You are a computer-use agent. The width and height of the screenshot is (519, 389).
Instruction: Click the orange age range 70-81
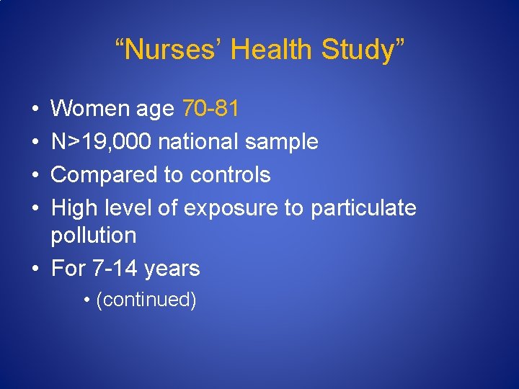[x=210, y=109]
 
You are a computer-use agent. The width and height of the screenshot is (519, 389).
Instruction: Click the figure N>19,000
[x=101, y=142]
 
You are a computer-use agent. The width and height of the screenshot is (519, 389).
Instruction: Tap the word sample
[x=281, y=142]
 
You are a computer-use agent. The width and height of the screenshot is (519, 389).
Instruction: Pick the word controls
[x=230, y=175]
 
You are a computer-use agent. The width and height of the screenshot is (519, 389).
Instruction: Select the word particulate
[x=363, y=208]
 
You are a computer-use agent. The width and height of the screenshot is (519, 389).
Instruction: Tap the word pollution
[x=94, y=236]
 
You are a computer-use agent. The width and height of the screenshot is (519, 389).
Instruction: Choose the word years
[x=172, y=269]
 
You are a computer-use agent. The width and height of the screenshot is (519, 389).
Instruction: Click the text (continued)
[x=146, y=300]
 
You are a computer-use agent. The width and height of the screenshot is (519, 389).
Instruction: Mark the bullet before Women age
[x=35, y=109]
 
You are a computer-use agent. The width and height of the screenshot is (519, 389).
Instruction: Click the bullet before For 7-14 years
[x=35, y=269]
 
